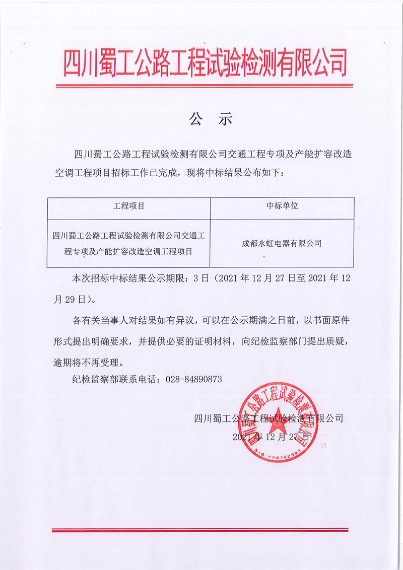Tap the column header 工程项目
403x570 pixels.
[128, 206]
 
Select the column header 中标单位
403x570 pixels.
[282, 206]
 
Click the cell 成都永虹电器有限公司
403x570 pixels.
[282, 243]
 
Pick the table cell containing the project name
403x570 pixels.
[128, 243]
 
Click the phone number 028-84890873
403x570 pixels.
[193, 379]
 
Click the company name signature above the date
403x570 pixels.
[268, 418]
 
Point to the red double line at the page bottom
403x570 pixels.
[200, 530]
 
